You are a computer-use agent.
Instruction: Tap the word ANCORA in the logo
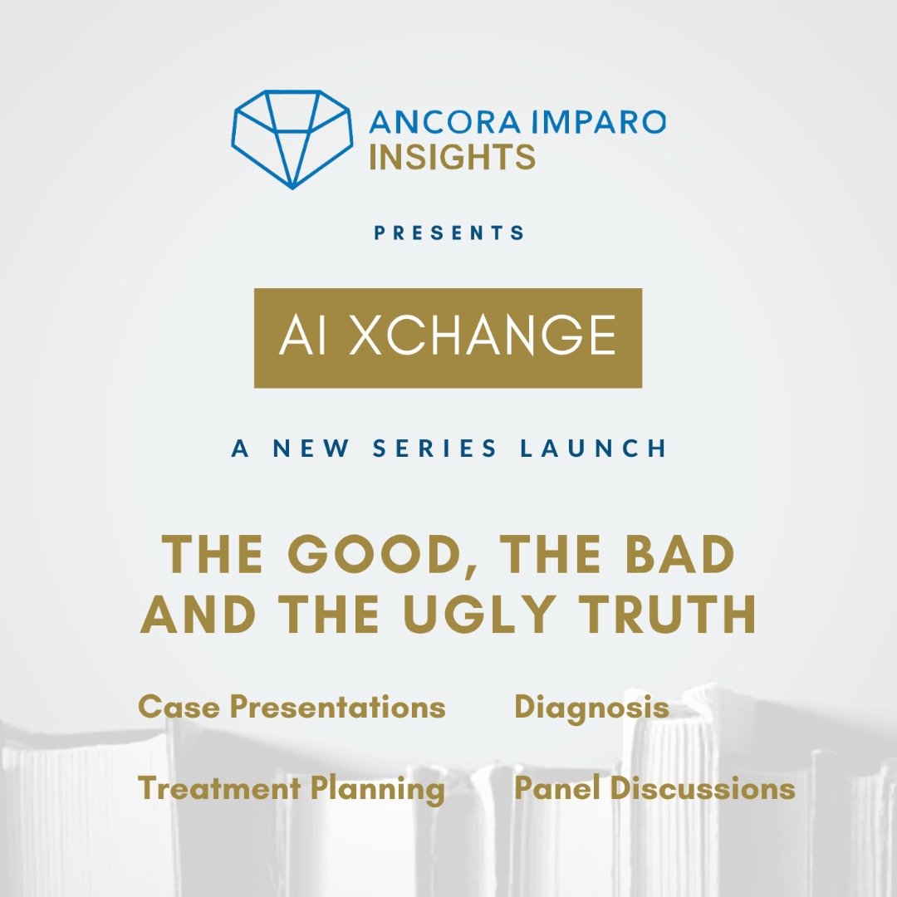pyautogui.click(x=445, y=122)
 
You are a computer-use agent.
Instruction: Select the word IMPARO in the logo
pyautogui.click(x=599, y=122)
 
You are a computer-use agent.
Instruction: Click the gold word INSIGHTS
pyautogui.click(x=452, y=157)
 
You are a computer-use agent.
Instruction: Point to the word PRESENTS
pyautogui.click(x=449, y=233)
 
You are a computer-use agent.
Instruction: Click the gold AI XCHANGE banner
pyautogui.click(x=448, y=338)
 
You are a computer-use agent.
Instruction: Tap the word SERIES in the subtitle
pyautogui.click(x=434, y=448)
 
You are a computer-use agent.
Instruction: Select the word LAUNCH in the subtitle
pyautogui.click(x=593, y=448)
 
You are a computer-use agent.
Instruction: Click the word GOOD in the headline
pyautogui.click(x=375, y=554)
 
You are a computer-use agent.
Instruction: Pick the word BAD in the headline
pyautogui.click(x=679, y=554)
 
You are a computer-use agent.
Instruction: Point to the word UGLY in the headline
pyautogui.click(x=479, y=614)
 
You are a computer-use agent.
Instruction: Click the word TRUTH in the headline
pyautogui.click(x=668, y=614)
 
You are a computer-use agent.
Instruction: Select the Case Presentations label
pyautogui.click(x=292, y=707)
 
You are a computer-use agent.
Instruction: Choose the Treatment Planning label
pyautogui.click(x=292, y=790)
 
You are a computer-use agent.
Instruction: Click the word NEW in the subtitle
pyautogui.click(x=311, y=448)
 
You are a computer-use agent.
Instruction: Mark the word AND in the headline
pyautogui.click(x=198, y=614)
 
